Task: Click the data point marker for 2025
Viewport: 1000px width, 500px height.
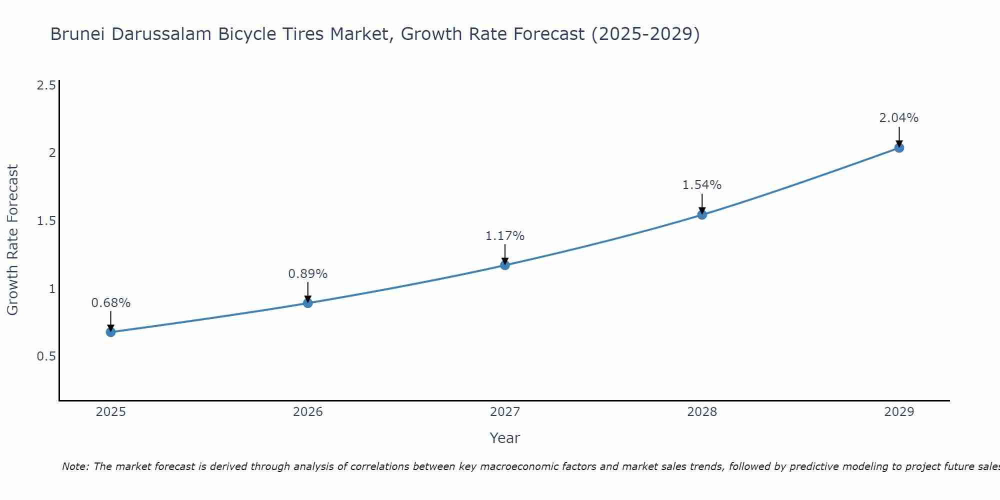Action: tap(111, 332)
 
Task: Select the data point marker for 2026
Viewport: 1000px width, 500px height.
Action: tap(308, 303)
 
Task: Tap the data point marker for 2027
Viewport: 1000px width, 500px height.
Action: tap(505, 265)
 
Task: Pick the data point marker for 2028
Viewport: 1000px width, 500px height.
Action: tap(702, 215)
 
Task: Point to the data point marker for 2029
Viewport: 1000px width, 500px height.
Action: tap(899, 147)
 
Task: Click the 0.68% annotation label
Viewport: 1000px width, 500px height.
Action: tap(111, 303)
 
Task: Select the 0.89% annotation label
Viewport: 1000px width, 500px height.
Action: tap(308, 274)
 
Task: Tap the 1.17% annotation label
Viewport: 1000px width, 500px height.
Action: tap(505, 236)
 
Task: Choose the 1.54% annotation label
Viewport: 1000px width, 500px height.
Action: tap(702, 185)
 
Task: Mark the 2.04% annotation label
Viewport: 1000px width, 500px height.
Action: tap(899, 118)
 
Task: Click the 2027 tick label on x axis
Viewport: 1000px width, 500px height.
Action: tap(505, 412)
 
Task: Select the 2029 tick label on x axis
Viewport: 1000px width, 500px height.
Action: tap(899, 412)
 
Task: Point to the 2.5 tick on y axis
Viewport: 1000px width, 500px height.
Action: tap(46, 85)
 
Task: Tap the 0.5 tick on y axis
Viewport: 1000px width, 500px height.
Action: tap(46, 356)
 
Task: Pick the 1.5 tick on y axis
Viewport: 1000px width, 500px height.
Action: tap(46, 221)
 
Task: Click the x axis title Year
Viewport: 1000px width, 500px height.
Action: tap(505, 438)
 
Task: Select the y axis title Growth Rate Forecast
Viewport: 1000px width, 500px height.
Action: tap(13, 240)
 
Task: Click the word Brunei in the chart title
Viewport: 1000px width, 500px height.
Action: tap(78, 34)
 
